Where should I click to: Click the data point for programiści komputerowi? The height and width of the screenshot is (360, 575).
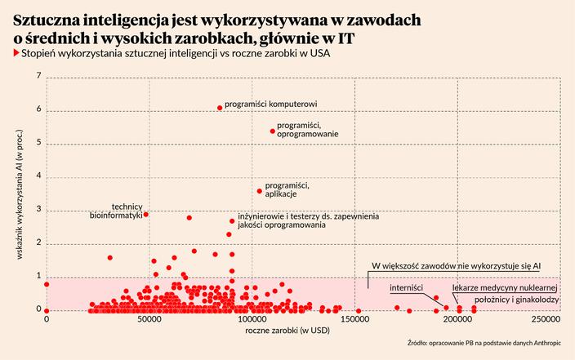[x=220, y=108]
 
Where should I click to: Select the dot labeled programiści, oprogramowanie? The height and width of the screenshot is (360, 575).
[x=273, y=131]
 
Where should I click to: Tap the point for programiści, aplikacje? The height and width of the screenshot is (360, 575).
[x=260, y=191]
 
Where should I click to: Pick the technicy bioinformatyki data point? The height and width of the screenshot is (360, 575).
[x=146, y=215]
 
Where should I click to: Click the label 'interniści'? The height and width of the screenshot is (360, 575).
[x=406, y=288]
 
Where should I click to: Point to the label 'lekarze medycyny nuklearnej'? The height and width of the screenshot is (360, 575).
[x=505, y=288]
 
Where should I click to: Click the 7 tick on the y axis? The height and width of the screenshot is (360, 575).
[x=38, y=77]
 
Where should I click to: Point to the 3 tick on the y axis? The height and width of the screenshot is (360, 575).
[x=38, y=210]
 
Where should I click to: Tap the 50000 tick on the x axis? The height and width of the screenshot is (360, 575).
[x=149, y=321]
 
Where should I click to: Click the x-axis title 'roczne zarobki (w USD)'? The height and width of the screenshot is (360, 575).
[x=287, y=331]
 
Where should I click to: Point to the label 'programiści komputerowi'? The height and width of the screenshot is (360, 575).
[x=270, y=104]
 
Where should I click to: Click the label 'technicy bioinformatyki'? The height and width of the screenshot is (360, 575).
[x=116, y=211]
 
